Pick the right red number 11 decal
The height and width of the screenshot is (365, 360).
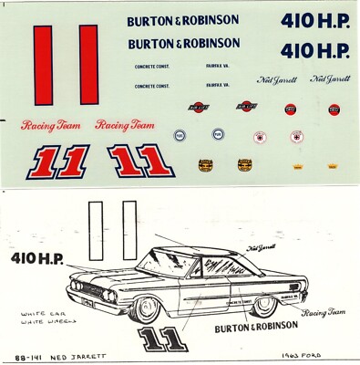pyautogui.click(x=139, y=162)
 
